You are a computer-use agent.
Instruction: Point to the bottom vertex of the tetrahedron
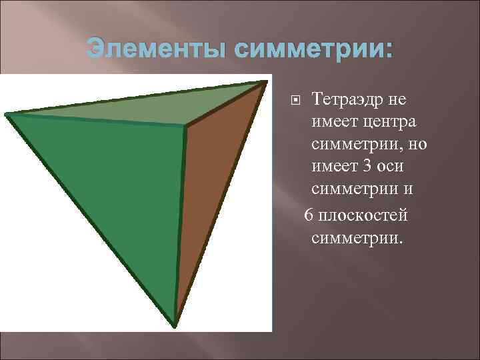tap(175, 325)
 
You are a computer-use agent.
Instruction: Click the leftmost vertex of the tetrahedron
tap(7, 115)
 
